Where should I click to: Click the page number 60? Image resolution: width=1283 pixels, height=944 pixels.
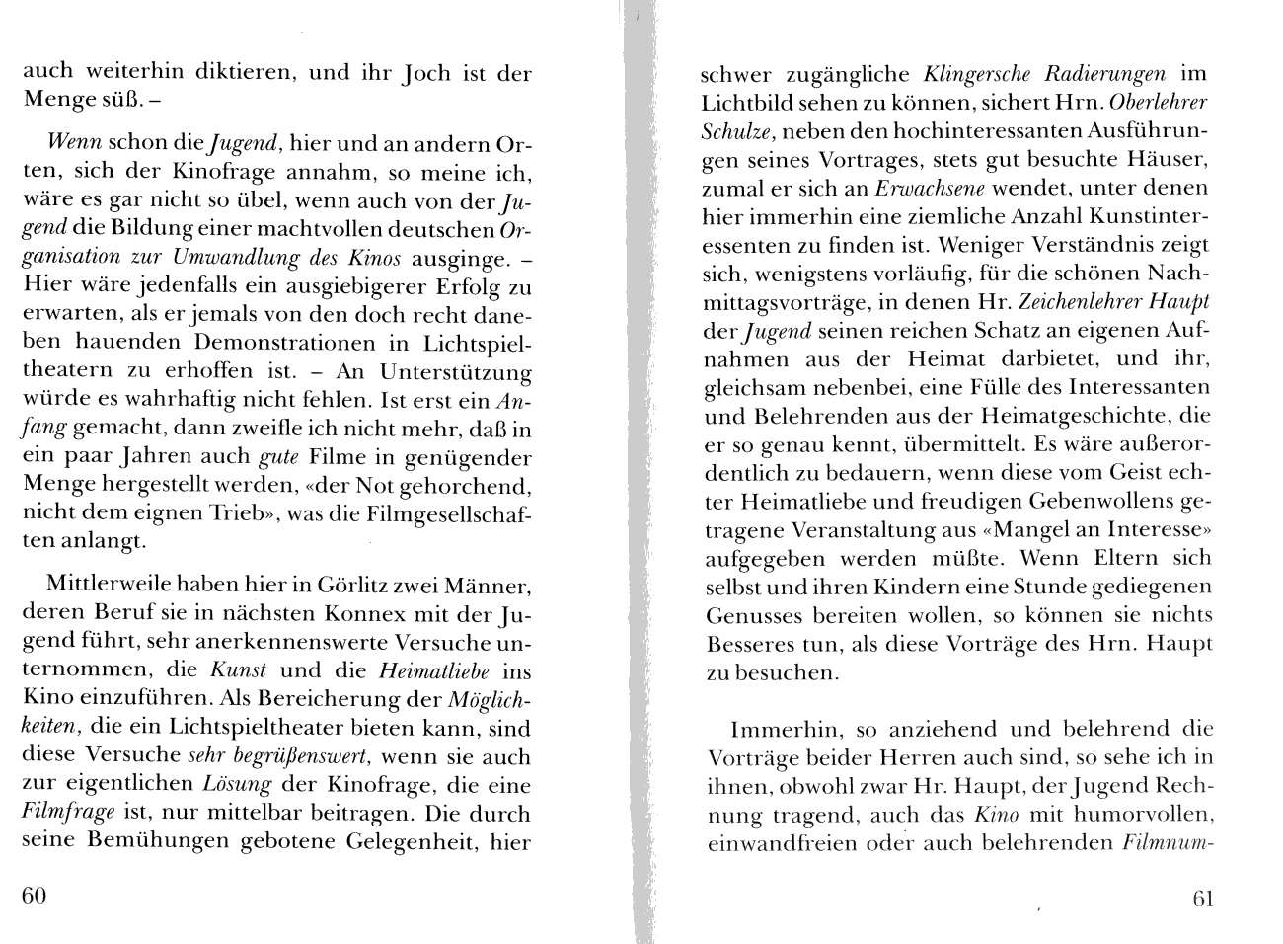click(35, 896)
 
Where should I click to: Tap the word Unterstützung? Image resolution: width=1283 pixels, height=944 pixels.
click(456, 372)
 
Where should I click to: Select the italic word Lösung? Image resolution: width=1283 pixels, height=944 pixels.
click(236, 786)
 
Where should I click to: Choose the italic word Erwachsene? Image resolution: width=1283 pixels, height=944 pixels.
click(931, 188)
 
